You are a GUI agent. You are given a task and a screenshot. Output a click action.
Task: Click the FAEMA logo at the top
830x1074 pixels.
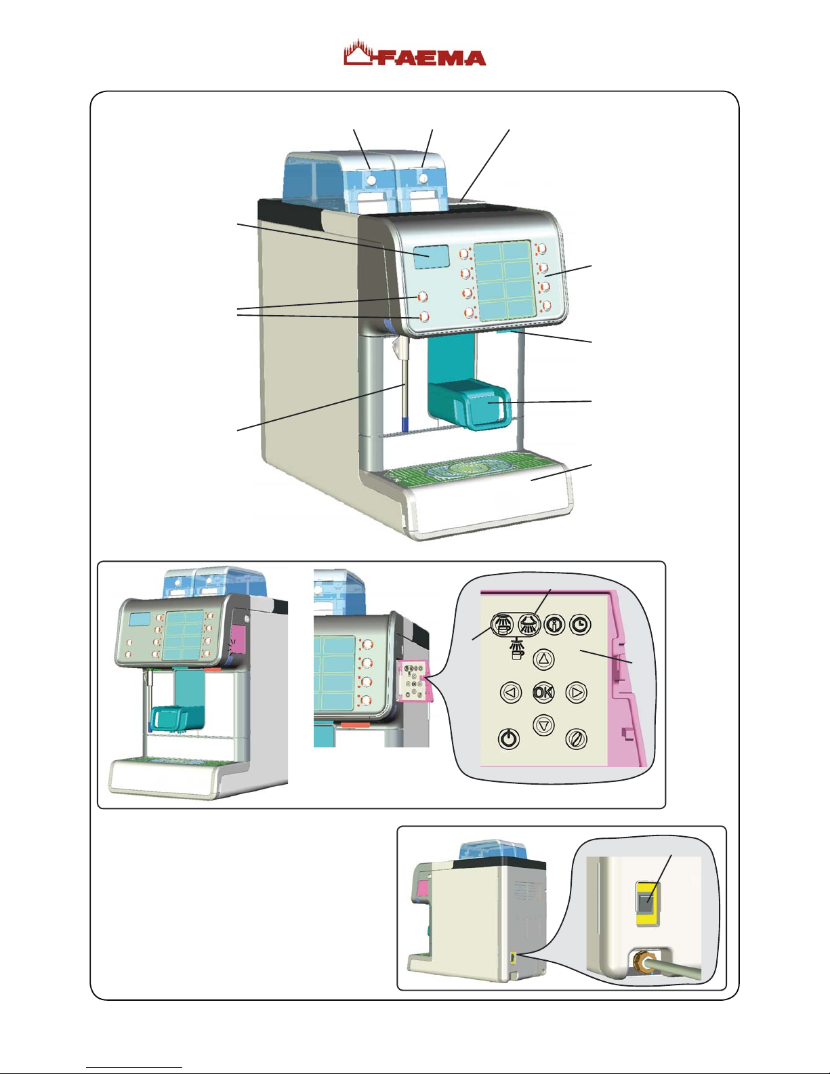pos(415,54)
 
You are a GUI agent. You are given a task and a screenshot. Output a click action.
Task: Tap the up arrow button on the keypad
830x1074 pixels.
pos(544,659)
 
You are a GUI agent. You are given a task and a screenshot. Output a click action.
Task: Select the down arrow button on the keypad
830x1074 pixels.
pos(543,725)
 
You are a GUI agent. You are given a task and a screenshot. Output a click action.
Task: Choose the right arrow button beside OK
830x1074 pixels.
pos(575,693)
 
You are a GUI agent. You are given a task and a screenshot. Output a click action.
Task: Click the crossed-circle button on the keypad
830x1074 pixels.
pos(576,739)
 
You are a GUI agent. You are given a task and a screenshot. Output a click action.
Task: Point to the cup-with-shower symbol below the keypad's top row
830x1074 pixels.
pos(517,649)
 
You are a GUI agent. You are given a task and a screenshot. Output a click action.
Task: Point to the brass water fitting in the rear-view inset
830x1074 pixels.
pos(639,962)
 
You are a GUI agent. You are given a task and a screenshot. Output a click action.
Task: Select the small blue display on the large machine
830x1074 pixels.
pos(429,256)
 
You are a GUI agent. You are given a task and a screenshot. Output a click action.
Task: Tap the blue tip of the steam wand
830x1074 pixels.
pos(405,424)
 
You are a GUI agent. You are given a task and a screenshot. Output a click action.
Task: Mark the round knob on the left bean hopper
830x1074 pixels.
pos(372,180)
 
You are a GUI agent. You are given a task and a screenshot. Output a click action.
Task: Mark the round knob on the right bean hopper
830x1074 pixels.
pos(423,178)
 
